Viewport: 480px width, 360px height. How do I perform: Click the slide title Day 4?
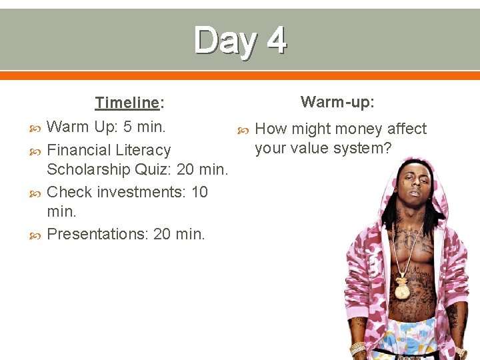coord(240,40)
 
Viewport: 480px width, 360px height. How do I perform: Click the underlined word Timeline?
coord(127,103)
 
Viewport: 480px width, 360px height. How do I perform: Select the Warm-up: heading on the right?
coord(337,102)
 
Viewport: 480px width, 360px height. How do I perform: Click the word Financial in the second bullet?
coord(80,150)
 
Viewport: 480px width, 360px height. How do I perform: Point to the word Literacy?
coord(143,150)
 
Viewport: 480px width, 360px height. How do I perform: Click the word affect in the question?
coord(407,129)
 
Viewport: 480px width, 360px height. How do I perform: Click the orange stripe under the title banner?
coord(240,75)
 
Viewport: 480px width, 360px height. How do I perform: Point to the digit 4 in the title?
coord(275,40)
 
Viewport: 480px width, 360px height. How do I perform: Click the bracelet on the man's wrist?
coord(358,348)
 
